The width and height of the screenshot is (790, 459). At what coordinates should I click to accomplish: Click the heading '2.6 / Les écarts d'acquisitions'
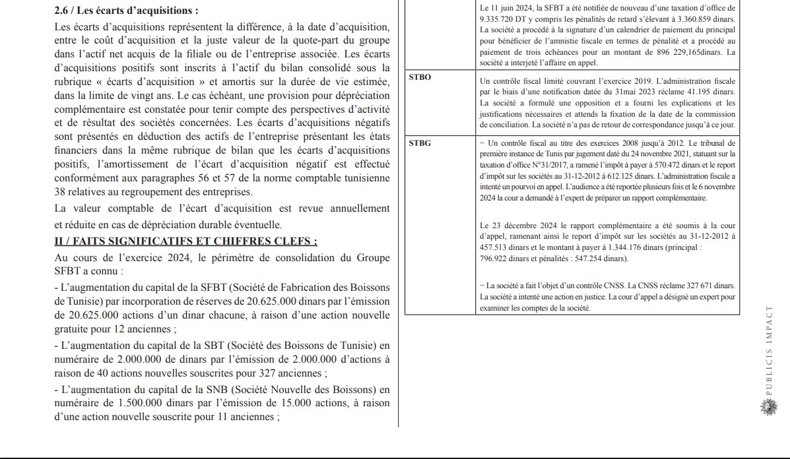(126, 11)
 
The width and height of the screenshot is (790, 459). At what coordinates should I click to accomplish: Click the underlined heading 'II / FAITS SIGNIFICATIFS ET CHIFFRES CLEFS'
(185, 241)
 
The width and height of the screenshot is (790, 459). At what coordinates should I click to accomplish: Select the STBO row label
(420, 77)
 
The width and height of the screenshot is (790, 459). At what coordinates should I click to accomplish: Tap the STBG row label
(420, 142)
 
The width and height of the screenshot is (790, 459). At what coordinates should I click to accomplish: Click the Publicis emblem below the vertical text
(768, 408)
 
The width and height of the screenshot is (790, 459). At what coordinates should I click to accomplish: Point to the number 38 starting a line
(61, 192)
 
